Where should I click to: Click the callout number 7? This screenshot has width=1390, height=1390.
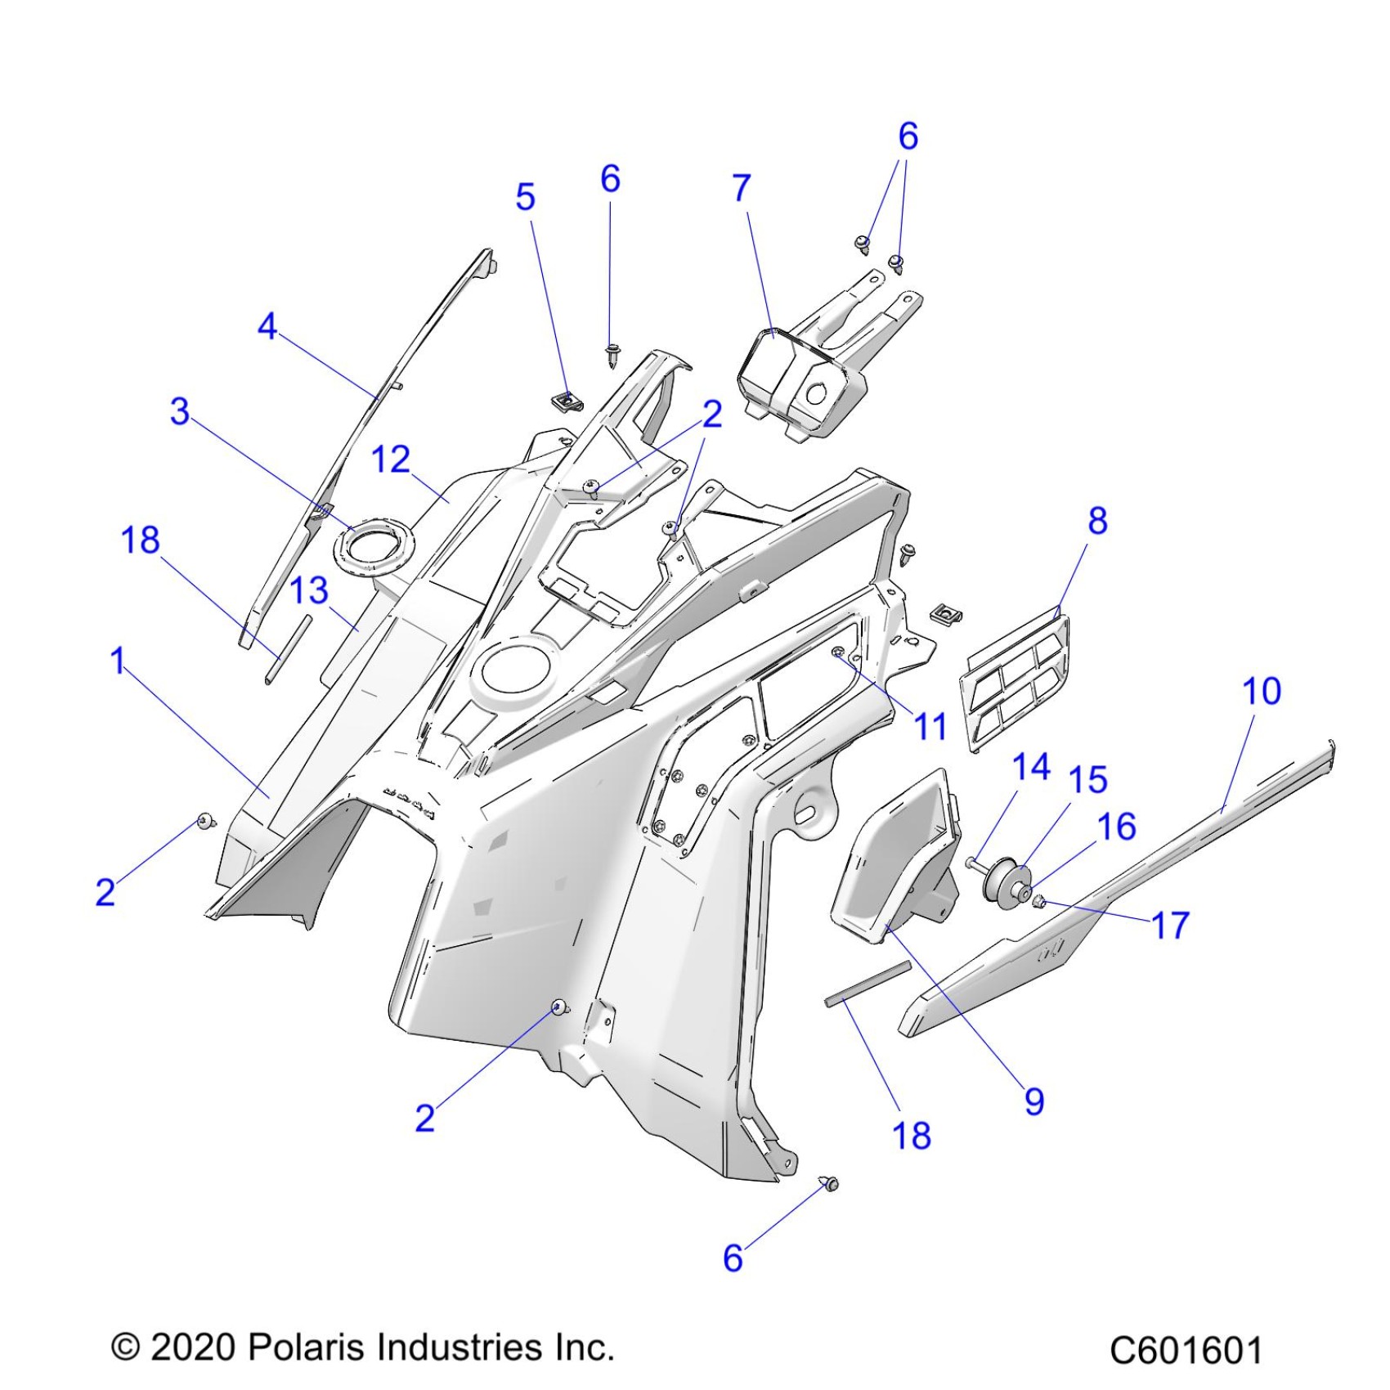[x=741, y=189]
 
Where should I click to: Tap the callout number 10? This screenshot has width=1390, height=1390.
[x=1261, y=692]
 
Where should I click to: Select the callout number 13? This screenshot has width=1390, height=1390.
[x=309, y=590]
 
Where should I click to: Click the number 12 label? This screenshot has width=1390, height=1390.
[x=391, y=460]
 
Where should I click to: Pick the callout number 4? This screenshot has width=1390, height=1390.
[x=267, y=327]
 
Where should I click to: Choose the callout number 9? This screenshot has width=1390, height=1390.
[x=1034, y=1101]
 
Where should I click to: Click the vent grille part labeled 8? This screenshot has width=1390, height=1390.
[x=1014, y=679]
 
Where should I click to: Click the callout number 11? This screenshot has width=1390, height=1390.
[x=930, y=726]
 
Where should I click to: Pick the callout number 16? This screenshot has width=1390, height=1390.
[x=1117, y=827]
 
